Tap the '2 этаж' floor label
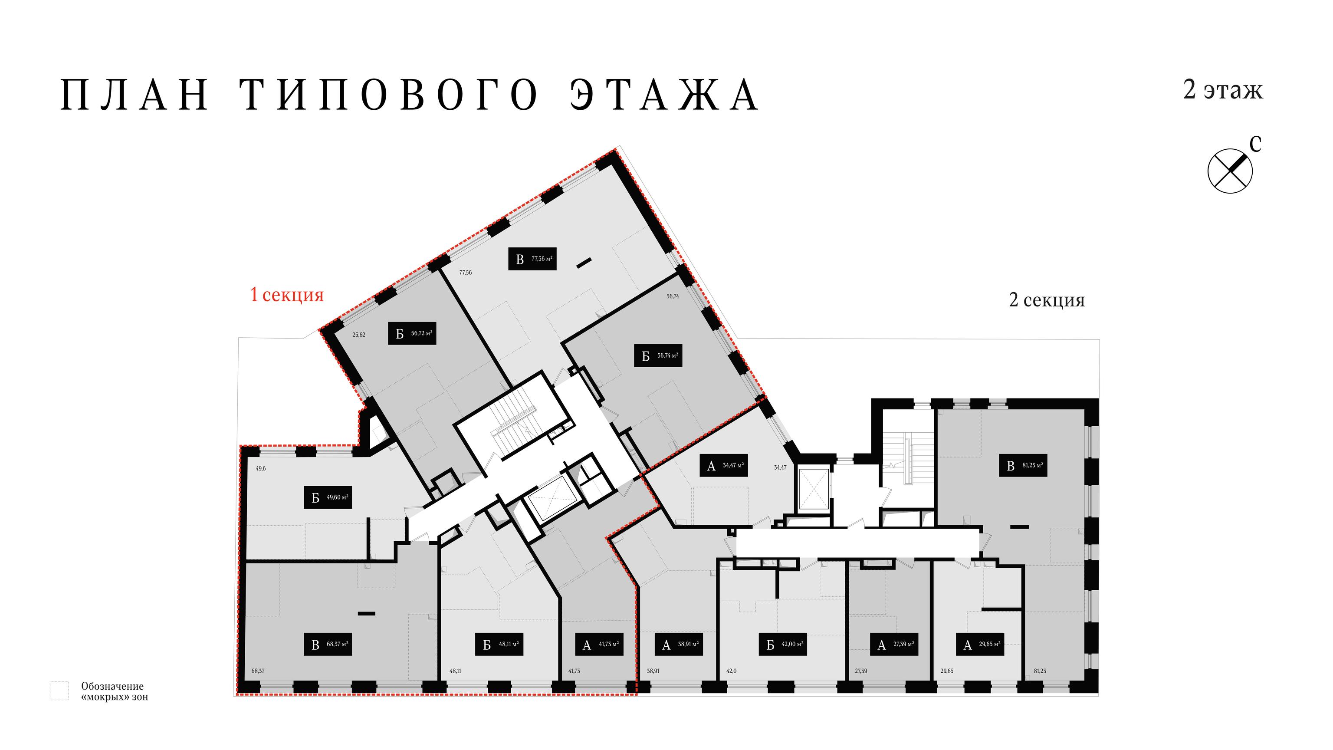pyautogui.click(x=1223, y=89)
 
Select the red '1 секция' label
pyautogui.click(x=287, y=295)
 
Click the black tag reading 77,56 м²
pyautogui.click(x=532, y=259)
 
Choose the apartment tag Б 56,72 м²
pyautogui.click(x=412, y=333)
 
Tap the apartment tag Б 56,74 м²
pyautogui.click(x=658, y=355)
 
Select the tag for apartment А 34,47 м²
pyautogui.click(x=724, y=465)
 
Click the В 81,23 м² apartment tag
pyautogui.click(x=1023, y=465)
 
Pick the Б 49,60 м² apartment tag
pyautogui.click(x=328, y=497)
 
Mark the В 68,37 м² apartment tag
pyautogui.click(x=328, y=645)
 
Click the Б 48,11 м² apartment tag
pyautogui.click(x=499, y=645)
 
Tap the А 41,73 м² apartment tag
pyautogui.click(x=599, y=645)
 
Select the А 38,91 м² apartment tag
pyautogui.click(x=679, y=645)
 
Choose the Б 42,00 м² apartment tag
pyautogui.click(x=783, y=645)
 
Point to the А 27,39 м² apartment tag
pyautogui.click(x=894, y=645)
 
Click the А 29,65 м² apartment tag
pyautogui.click(x=980, y=645)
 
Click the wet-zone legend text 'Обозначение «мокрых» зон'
pyautogui.click(x=115, y=691)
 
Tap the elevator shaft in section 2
pyautogui.click(x=812, y=489)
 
